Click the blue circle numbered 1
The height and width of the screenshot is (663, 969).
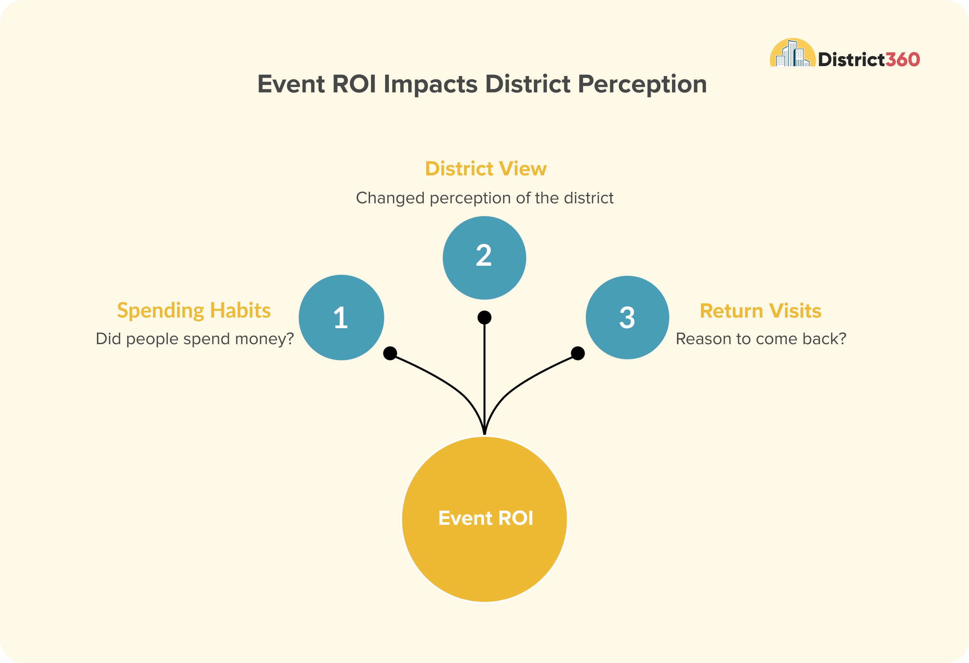[x=341, y=318]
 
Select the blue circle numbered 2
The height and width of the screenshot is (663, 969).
[x=484, y=258]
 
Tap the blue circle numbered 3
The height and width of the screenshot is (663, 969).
[x=628, y=318]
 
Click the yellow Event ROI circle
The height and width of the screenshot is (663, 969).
[x=484, y=519]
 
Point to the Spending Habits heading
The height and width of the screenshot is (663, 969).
[x=194, y=311]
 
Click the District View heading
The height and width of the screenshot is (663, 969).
[x=486, y=168]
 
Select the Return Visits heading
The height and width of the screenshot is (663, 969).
[x=761, y=311]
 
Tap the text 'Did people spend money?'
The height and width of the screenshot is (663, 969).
[x=195, y=339]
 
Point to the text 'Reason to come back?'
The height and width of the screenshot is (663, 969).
[x=761, y=339]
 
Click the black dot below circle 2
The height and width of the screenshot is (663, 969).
[x=484, y=318]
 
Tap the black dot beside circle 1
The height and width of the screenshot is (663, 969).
[x=390, y=353]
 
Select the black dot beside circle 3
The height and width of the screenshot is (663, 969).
[x=578, y=353]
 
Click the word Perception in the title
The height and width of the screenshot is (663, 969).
[x=642, y=85]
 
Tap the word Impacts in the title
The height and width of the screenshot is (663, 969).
[x=430, y=85]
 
